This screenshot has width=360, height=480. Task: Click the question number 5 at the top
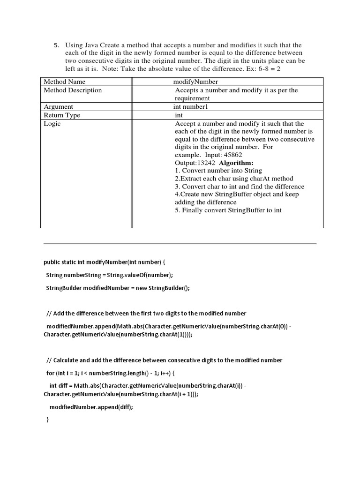[x=56, y=45]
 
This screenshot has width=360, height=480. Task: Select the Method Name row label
[x=65, y=82]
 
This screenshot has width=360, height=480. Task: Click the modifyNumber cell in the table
[x=195, y=82]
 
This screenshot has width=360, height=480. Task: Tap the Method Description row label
[x=73, y=90]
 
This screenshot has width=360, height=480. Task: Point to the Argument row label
[x=58, y=107]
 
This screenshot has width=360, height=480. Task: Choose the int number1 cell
[x=190, y=107]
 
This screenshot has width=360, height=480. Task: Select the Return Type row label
[x=62, y=115]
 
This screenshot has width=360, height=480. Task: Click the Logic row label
[x=52, y=124]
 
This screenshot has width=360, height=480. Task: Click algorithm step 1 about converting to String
[x=218, y=171]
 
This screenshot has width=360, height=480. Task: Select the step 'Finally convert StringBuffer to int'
[x=228, y=210]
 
